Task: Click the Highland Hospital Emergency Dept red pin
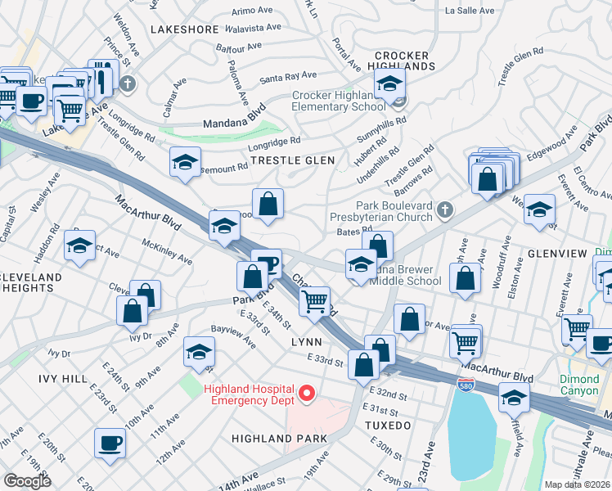[x=307, y=394]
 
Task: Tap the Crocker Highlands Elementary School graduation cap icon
[x=390, y=83]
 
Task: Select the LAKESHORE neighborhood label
[x=180, y=29]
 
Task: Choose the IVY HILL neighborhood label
[x=62, y=379]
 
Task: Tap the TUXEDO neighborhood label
[x=388, y=426]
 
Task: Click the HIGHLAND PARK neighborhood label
[x=279, y=439]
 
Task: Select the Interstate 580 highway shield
[x=463, y=385]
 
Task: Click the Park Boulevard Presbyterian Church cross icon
[x=443, y=209]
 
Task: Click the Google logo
[x=27, y=480]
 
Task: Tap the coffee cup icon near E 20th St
[x=110, y=444]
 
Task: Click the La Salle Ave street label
[x=470, y=12]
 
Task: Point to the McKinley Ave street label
[x=167, y=252]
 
